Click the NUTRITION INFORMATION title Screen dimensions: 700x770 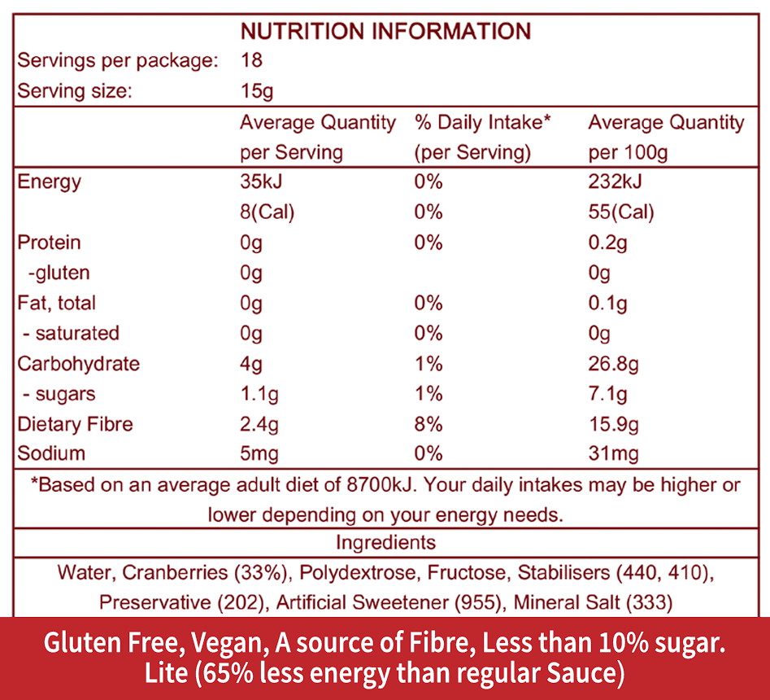[385, 32]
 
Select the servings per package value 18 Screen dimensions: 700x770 [251, 61]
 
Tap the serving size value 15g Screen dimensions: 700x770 [256, 91]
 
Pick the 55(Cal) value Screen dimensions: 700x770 [621, 212]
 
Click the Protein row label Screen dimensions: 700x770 [50, 243]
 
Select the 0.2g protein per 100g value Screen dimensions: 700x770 [607, 243]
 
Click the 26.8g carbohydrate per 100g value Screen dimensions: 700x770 [613, 364]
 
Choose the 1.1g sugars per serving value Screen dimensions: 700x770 [259, 394]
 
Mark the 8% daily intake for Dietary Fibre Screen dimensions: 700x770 [429, 424]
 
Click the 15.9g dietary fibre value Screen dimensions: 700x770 [613, 424]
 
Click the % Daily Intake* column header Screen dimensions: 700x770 [483, 123]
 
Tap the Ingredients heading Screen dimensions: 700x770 [385, 543]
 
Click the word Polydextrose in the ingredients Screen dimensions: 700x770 [357, 573]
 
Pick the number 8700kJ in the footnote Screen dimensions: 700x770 [376, 485]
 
